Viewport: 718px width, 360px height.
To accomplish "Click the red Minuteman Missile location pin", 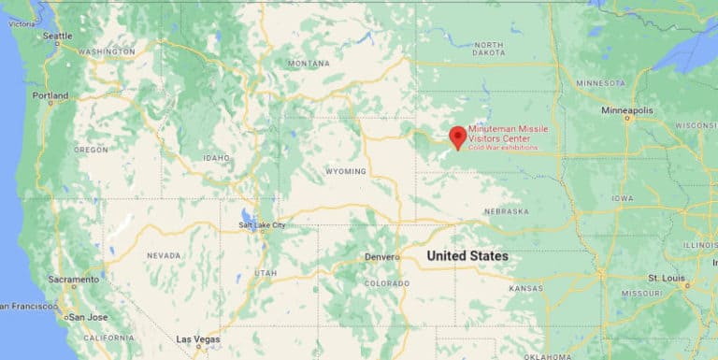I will pos(457,137).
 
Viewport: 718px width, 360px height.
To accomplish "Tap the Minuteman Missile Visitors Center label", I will pos(508,134).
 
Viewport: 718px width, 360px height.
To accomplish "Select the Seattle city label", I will pos(57,36).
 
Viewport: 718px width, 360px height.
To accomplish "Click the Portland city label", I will pos(50,95).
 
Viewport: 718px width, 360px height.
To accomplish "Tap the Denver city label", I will pos(382,256).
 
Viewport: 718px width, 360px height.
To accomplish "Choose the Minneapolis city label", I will pos(627,110).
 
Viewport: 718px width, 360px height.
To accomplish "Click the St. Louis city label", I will pos(667,278).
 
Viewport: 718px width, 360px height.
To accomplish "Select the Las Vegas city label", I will pos(197,338).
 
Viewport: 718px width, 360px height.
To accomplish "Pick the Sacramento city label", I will pos(74,280).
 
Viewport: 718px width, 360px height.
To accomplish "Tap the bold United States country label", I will pos(467,255).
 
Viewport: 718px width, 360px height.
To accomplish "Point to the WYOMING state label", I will pos(345,172).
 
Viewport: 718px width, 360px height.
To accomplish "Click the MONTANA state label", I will pos(309,64).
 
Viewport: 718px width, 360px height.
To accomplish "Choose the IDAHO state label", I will pos(216,158).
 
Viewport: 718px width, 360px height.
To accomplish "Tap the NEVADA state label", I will pos(164,254).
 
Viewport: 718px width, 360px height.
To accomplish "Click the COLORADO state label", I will pos(386,283).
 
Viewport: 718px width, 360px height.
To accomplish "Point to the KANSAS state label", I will pos(525,289).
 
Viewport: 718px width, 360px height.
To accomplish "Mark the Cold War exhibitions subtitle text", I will pos(503,148).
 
